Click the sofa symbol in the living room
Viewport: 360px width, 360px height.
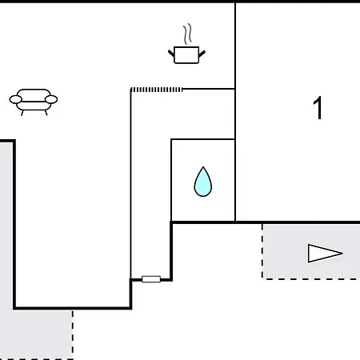tap(34, 102)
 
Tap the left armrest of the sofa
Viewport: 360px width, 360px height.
tap(16, 99)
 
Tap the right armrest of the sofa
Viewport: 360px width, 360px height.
tap(51, 99)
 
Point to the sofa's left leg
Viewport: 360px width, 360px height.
tap(22, 113)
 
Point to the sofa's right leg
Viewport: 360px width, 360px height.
tap(46, 113)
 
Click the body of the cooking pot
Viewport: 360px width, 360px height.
tap(186, 55)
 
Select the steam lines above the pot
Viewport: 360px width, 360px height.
tap(187, 34)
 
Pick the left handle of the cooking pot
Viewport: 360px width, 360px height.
tap(171, 53)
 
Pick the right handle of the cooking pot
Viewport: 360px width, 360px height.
tap(202, 54)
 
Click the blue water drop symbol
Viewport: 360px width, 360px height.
tap(203, 182)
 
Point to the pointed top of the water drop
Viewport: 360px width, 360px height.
tap(203, 167)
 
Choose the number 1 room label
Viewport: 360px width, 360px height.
tap(318, 108)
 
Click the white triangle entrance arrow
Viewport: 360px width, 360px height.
tap(325, 253)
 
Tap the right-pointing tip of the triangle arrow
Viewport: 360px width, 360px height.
tap(342, 253)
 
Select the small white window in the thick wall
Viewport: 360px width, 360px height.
tap(151, 279)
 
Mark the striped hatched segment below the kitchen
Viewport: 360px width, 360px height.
tap(156, 90)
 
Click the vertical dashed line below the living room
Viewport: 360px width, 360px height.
tap(73, 334)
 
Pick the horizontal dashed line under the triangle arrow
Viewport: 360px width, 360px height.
tap(311, 279)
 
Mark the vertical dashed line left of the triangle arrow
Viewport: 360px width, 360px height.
tap(262, 251)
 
